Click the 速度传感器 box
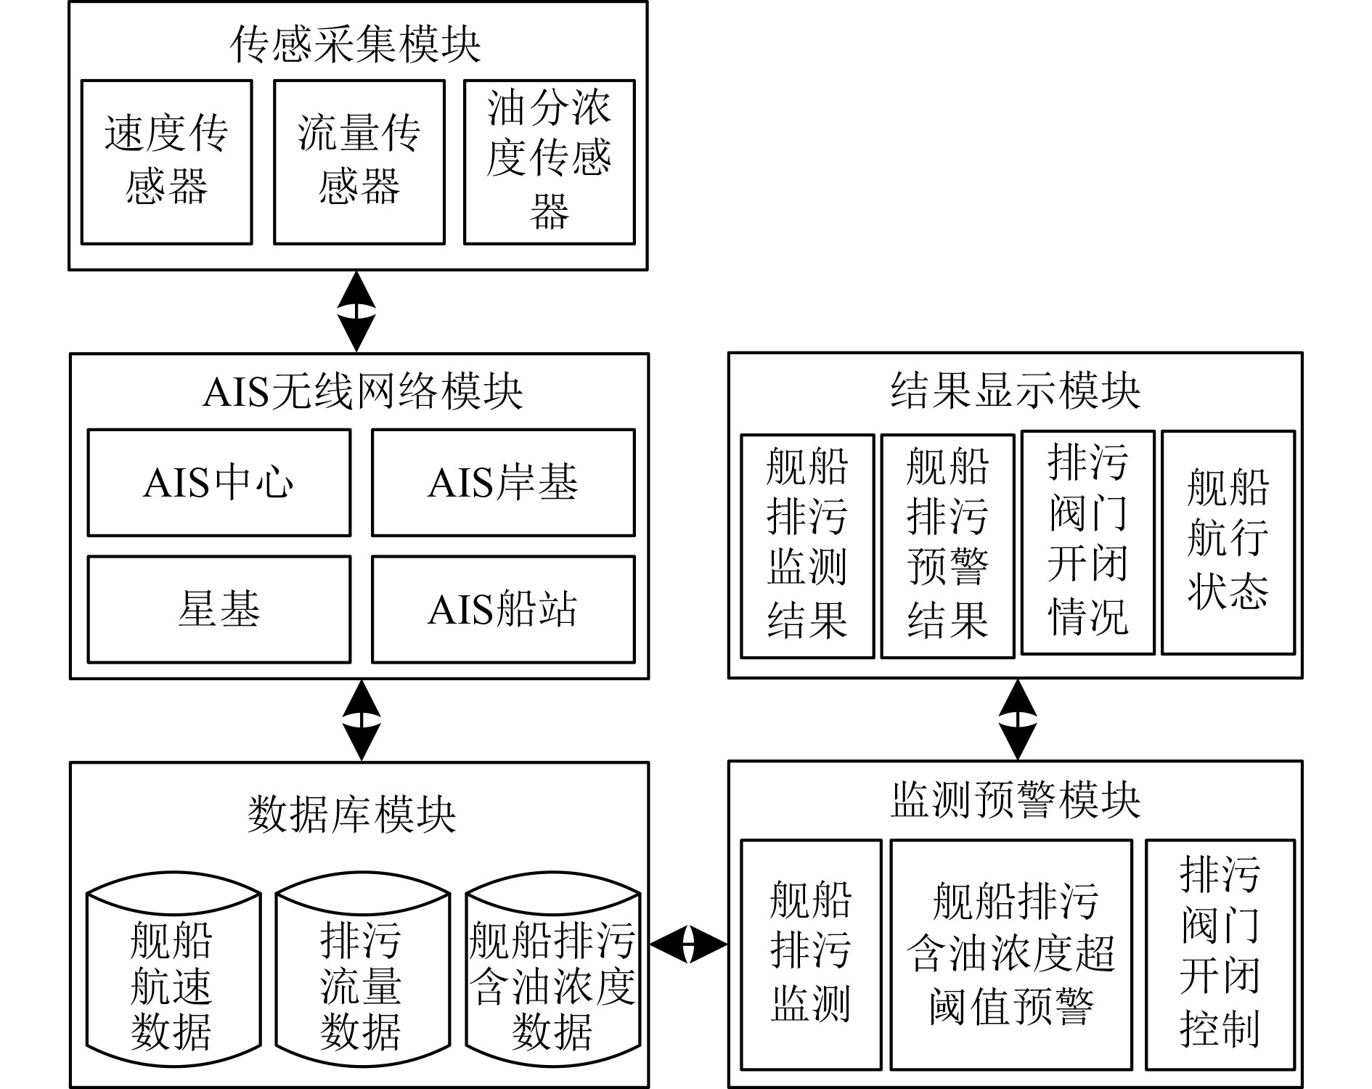[x=166, y=162]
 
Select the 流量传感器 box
[x=359, y=162]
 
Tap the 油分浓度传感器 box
[x=550, y=162]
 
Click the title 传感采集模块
[x=356, y=44]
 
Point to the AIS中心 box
[x=219, y=483]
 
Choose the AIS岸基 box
[x=503, y=483]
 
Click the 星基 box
[x=219, y=609]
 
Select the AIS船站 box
[x=503, y=609]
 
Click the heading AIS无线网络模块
[x=362, y=391]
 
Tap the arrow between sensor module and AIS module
[x=356, y=311]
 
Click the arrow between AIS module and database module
[x=361, y=720]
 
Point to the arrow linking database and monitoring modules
[x=688, y=944]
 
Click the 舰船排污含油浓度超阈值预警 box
[x=1011, y=955]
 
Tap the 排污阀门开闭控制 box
[x=1220, y=955]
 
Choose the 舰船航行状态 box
[x=1228, y=542]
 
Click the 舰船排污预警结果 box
[x=947, y=546]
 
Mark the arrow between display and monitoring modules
[x=1018, y=719]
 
